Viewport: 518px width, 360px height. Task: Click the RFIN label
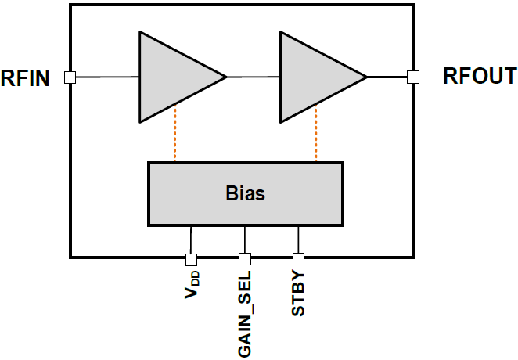tap(25, 77)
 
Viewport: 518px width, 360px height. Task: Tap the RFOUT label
tap(479, 77)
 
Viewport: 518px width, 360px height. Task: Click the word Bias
tap(245, 193)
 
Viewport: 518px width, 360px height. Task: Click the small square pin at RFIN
tap(70, 77)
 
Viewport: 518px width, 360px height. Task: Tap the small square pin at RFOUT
tap(412, 77)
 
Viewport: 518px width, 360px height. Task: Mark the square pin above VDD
tap(191, 259)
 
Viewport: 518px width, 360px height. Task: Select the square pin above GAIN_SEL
tap(245, 259)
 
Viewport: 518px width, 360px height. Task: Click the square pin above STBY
tap(298, 259)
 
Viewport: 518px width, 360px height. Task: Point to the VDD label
tap(191, 286)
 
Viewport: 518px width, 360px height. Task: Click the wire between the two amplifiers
tap(253, 77)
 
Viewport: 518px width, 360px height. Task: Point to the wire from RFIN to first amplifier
tap(106, 77)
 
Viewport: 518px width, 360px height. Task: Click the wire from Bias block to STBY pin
tap(298, 239)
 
